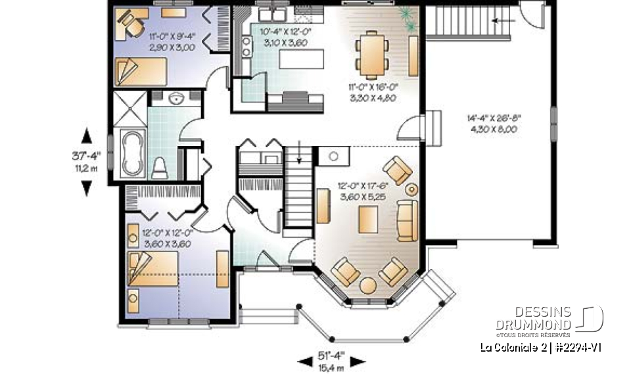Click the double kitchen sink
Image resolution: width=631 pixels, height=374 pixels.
point(269,14)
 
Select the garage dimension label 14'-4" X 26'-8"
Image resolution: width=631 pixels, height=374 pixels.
point(502,124)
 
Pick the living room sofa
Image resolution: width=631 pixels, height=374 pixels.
point(408,221)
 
